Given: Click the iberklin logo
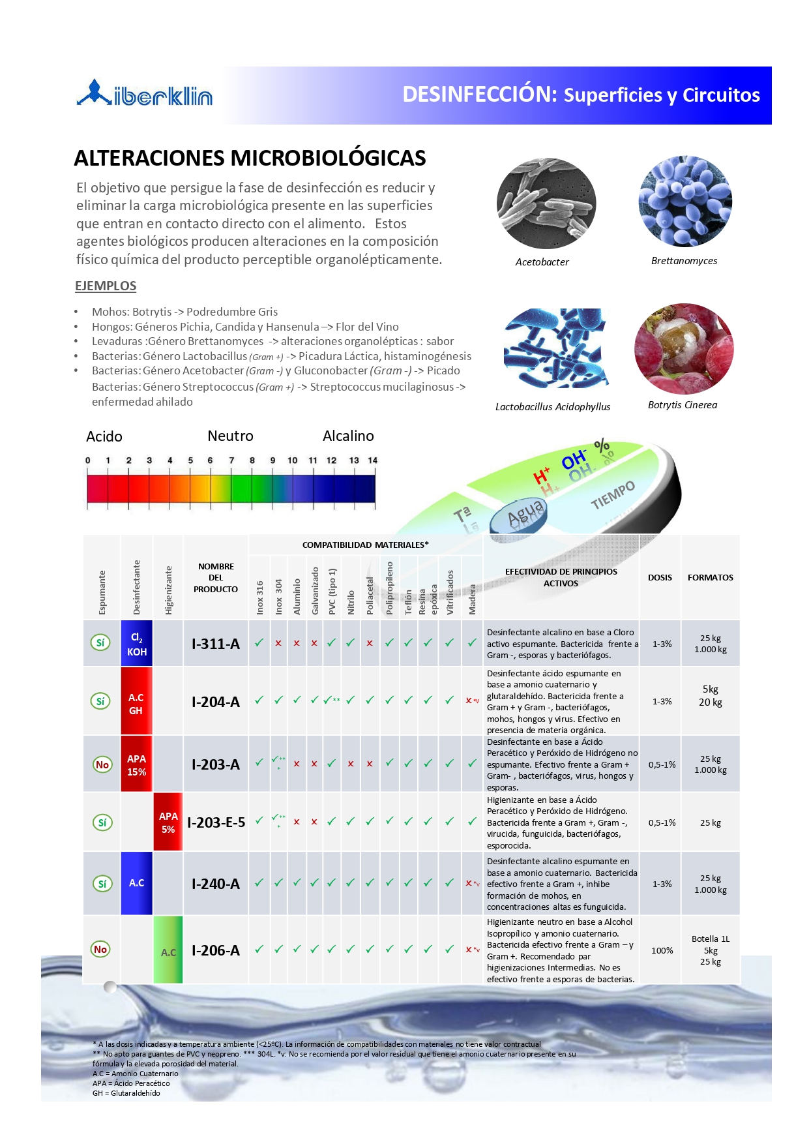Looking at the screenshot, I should (x=145, y=93).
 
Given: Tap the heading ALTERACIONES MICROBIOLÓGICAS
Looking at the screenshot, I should (x=250, y=158).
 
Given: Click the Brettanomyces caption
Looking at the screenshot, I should (x=684, y=261).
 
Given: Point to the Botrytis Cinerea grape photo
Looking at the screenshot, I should (x=683, y=348).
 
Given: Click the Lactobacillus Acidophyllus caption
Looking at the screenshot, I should (x=553, y=407).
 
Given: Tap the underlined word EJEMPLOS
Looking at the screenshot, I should (x=106, y=286).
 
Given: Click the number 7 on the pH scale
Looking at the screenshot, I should (x=231, y=460).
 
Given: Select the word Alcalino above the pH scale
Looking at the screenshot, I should (x=348, y=436).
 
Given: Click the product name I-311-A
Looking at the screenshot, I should (x=216, y=644).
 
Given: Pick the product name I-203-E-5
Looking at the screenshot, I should (x=216, y=822).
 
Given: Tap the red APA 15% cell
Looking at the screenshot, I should (x=136, y=764).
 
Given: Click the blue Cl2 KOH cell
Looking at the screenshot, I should (x=137, y=644).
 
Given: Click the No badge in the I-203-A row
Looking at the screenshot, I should (x=102, y=764).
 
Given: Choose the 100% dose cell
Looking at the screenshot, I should (x=662, y=950).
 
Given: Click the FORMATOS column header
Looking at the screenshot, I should (x=710, y=577).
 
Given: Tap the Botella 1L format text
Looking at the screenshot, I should (x=710, y=939).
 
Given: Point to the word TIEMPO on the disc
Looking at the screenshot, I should (x=613, y=496).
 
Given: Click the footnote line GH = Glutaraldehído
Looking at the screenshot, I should (x=126, y=1093).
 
